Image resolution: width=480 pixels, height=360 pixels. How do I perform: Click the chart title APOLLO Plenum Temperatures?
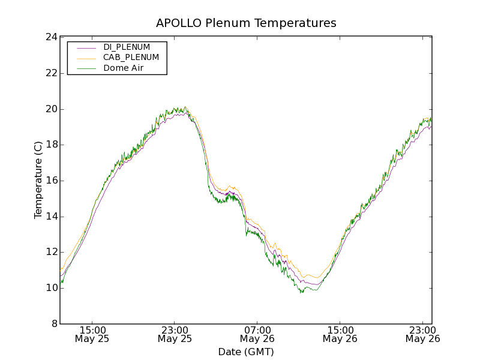pyautogui.click(x=246, y=23)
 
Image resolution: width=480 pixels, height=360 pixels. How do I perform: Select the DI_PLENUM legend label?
pyautogui.click(x=127, y=47)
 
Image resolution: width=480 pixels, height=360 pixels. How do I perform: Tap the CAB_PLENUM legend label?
pyautogui.click(x=131, y=57)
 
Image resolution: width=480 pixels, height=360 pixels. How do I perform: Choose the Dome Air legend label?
pyautogui.click(x=123, y=68)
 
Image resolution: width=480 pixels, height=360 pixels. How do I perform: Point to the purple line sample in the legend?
pyautogui.click(x=86, y=47)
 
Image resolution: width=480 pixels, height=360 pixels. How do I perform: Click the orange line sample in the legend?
pyautogui.click(x=86, y=58)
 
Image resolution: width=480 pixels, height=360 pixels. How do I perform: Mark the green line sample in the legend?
pyautogui.click(x=86, y=68)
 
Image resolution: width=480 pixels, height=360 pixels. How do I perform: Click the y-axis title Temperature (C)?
pyautogui.click(x=38, y=180)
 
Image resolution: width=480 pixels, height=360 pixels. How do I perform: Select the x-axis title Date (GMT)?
pyautogui.click(x=246, y=352)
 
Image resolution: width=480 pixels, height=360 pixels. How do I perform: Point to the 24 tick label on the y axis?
pyautogui.click(x=50, y=37)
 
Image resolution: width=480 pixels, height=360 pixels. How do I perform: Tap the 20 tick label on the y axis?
pyautogui.click(x=50, y=109)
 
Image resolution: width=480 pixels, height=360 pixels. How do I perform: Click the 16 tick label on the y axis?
pyautogui.click(x=50, y=181)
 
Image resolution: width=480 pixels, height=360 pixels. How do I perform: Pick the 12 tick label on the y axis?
pyautogui.click(x=50, y=252)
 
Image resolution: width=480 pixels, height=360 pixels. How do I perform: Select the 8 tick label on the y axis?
pyautogui.click(x=53, y=324)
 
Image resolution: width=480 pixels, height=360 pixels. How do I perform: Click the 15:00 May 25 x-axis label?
pyautogui.click(x=92, y=334)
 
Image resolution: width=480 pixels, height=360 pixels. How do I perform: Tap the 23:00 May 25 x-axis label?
pyautogui.click(x=175, y=334)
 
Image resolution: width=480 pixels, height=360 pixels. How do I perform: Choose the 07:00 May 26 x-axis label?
pyautogui.click(x=257, y=334)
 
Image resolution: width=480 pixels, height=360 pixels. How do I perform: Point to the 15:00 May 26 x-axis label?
pyautogui.click(x=340, y=334)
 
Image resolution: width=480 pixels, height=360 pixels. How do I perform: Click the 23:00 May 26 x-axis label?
pyautogui.click(x=422, y=334)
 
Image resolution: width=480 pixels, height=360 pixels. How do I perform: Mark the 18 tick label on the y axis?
pyautogui.click(x=50, y=145)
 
